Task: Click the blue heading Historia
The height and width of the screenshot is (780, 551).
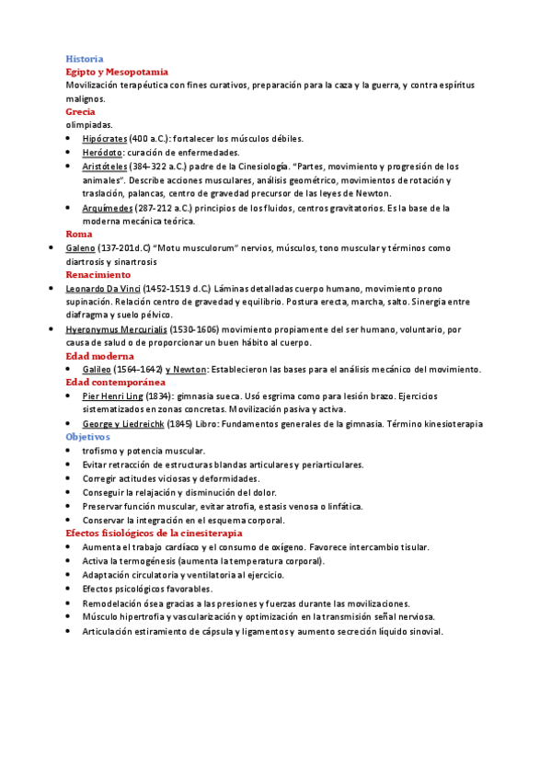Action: point(84,58)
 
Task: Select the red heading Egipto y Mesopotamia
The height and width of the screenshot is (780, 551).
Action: point(116,72)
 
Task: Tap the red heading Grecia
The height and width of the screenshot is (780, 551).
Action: point(80,111)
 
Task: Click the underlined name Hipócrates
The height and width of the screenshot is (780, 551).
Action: point(105,139)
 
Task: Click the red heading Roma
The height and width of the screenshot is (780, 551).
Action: point(78,234)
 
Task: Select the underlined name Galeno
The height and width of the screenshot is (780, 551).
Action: point(81,247)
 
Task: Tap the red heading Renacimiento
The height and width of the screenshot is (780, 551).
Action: point(98,274)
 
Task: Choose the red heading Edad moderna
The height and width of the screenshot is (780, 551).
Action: point(99,355)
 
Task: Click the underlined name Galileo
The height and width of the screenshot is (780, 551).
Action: point(98,369)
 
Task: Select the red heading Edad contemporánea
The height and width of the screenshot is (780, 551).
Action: point(115,381)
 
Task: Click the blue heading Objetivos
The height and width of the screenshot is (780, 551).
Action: point(88,436)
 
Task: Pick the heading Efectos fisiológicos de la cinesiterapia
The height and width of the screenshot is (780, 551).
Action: point(154,533)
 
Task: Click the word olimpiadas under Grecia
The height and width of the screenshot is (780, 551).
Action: point(89,125)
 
